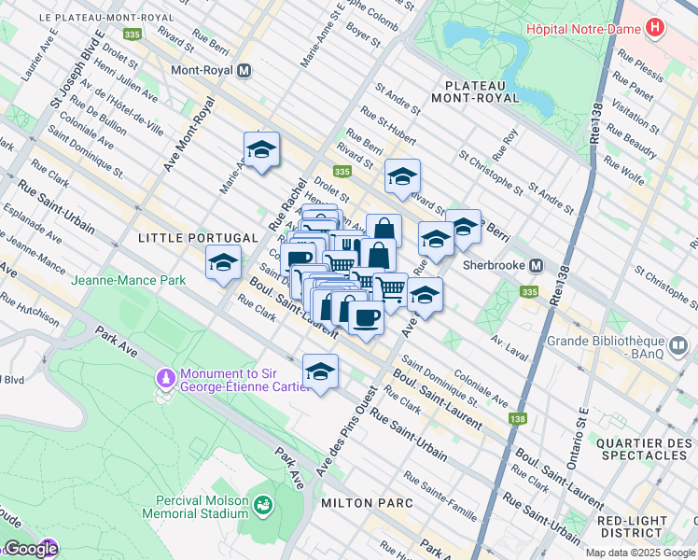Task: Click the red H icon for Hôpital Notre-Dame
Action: coord(655,28)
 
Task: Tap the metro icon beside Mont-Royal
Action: coord(244,70)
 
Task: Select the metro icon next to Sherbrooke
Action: coord(537,266)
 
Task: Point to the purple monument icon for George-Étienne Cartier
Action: coord(166,379)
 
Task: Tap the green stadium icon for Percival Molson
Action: coord(265,505)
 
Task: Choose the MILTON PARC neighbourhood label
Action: coord(367,503)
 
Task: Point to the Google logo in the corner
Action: coord(30,549)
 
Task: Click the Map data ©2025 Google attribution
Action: coord(639,553)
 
